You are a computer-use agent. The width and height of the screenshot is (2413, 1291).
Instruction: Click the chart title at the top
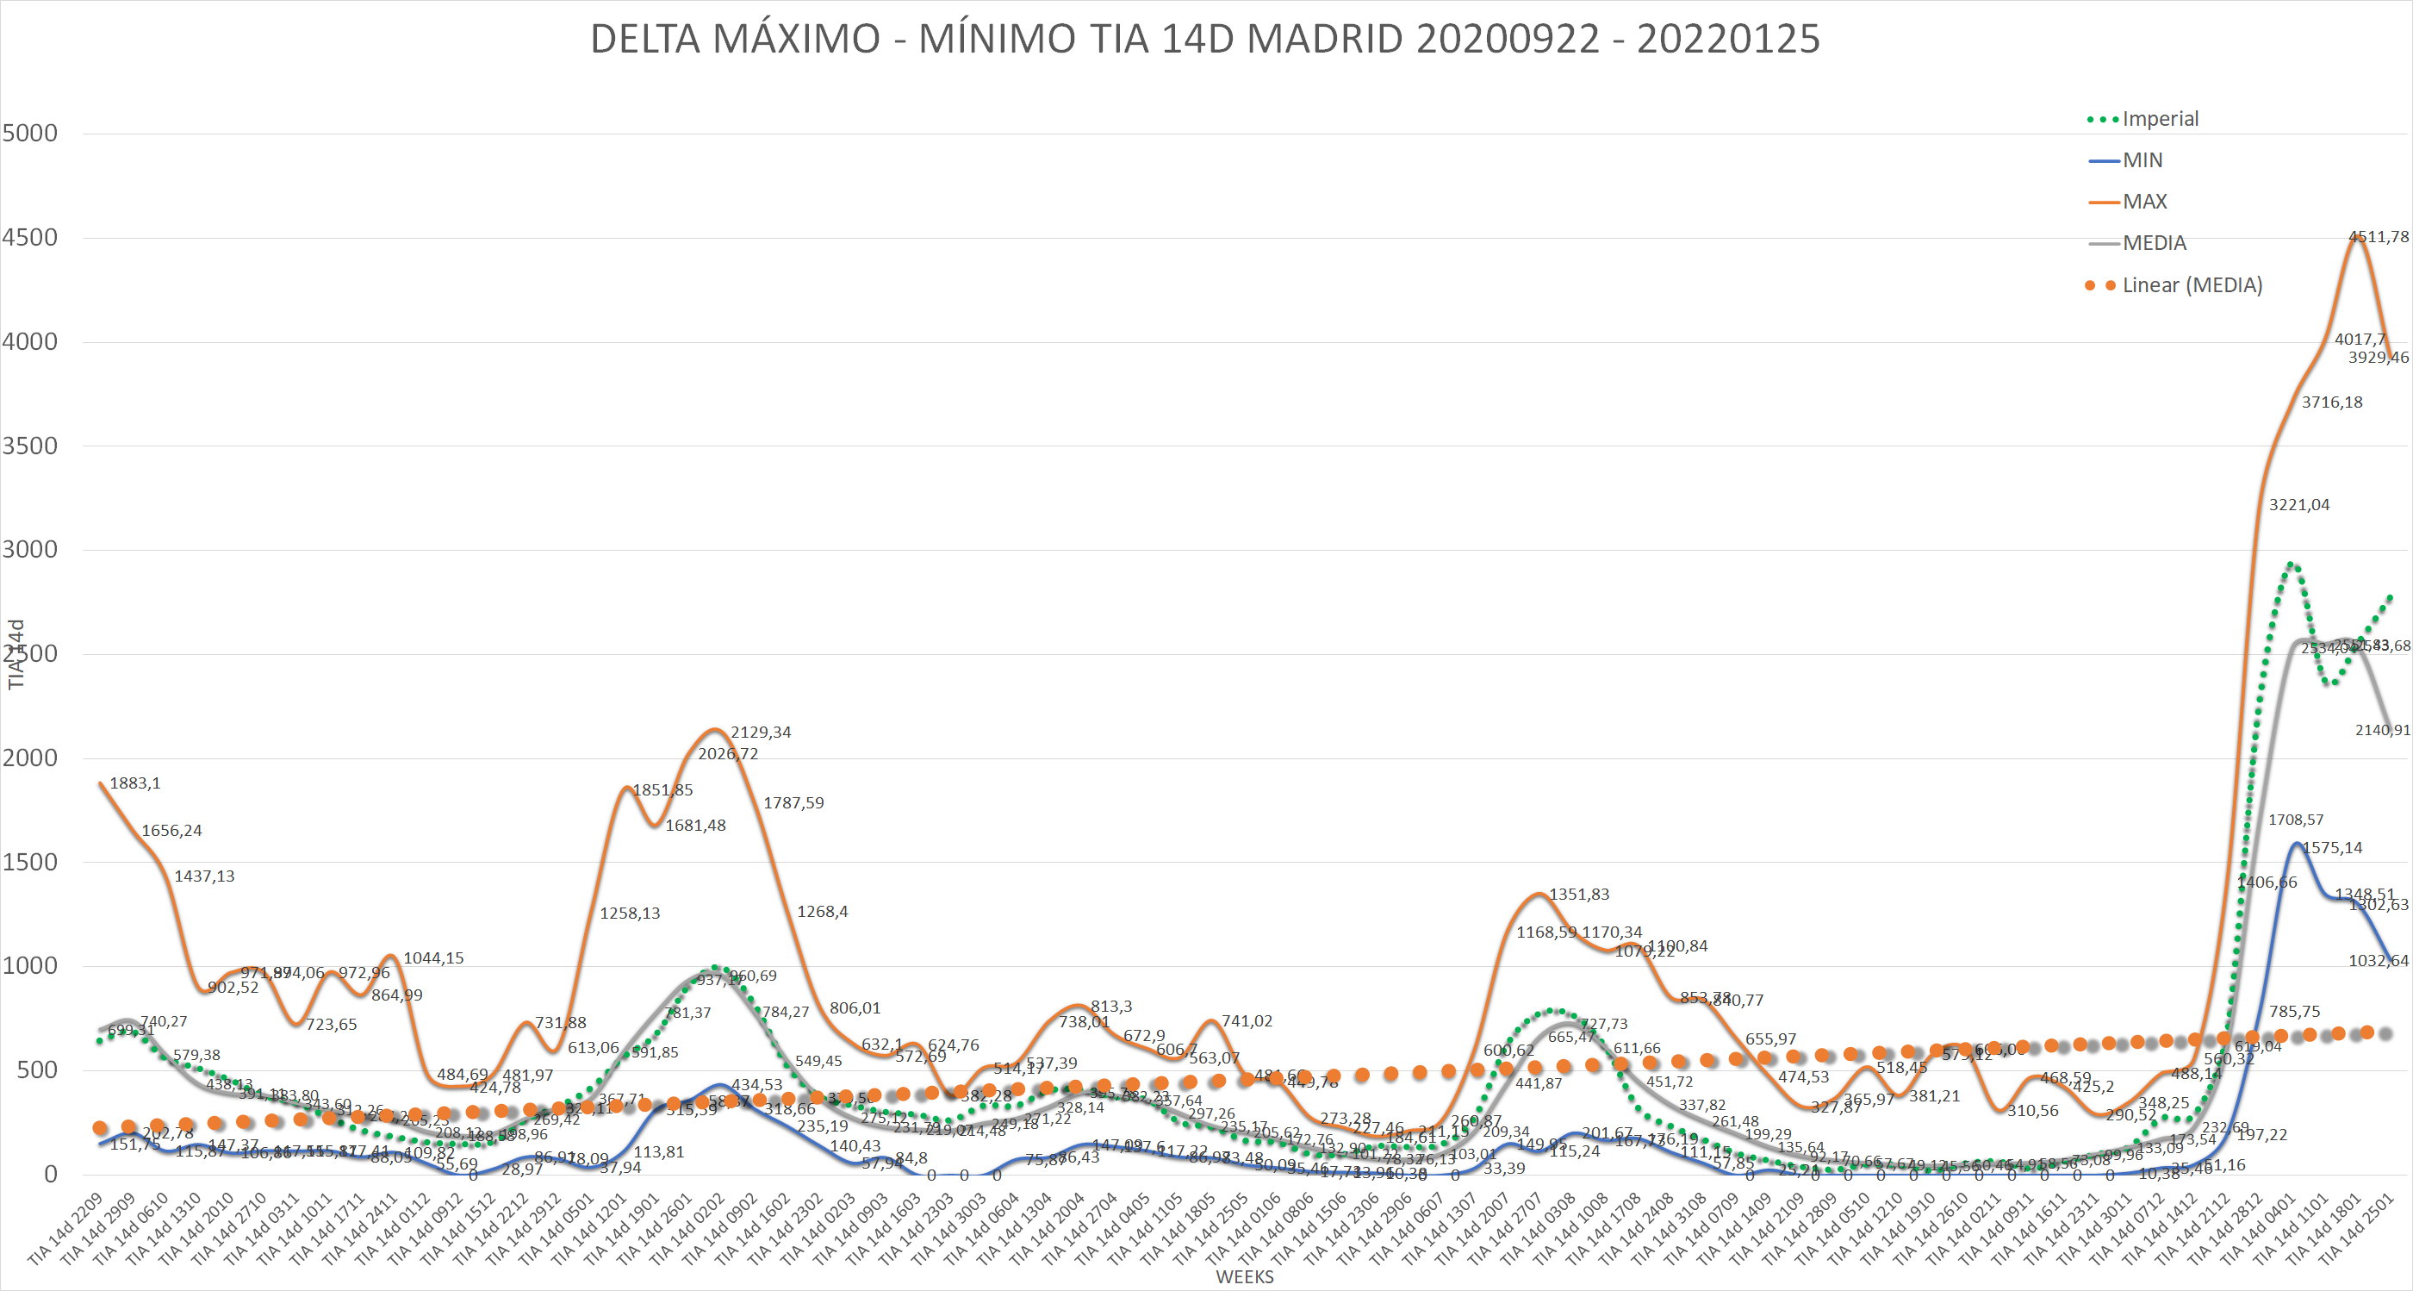click(1204, 40)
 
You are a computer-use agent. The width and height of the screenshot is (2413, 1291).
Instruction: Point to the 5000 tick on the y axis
click(30, 133)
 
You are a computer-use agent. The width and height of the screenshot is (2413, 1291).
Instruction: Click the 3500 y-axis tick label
click(30, 446)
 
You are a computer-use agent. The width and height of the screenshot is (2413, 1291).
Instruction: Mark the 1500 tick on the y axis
click(30, 862)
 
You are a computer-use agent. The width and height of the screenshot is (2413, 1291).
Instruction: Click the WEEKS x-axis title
click(1244, 1277)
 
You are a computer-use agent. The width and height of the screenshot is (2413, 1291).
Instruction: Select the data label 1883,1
click(135, 783)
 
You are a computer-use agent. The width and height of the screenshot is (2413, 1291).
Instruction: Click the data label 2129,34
click(761, 732)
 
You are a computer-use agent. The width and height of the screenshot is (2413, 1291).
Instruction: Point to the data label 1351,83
click(1578, 894)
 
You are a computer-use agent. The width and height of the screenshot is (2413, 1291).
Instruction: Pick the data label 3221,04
click(2298, 505)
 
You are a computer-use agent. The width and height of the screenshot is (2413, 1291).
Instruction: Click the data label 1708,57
click(2295, 820)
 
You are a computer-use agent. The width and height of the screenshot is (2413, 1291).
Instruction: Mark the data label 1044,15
click(432, 957)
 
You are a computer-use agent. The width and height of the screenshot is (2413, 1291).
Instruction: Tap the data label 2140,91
click(2382, 730)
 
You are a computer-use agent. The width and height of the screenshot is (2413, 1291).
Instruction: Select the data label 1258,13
click(630, 913)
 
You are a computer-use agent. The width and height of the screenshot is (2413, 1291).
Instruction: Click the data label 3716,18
click(2331, 402)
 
